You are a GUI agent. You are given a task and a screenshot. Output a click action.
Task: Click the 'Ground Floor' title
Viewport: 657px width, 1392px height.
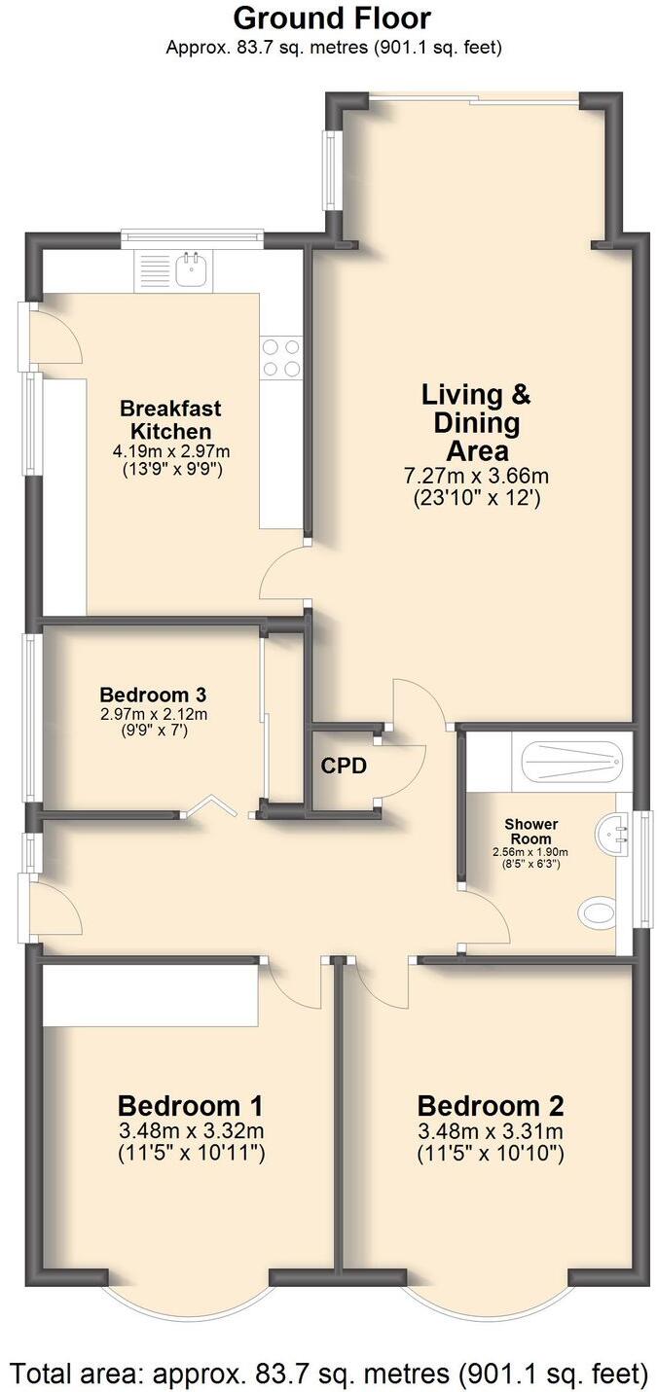(x=332, y=18)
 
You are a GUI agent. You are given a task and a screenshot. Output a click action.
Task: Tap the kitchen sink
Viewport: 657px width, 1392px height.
(x=191, y=269)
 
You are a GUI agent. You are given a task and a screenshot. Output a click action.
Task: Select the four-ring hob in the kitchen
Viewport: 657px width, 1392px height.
(x=281, y=356)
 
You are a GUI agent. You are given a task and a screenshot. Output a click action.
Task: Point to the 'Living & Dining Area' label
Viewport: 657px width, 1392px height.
(x=476, y=423)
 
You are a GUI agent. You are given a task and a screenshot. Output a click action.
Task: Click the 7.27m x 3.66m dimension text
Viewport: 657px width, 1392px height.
(x=476, y=476)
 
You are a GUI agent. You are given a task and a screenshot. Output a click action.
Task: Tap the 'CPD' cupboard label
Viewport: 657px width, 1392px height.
(x=344, y=766)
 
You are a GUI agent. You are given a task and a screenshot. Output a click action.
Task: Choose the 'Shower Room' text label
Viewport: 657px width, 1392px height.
(x=530, y=832)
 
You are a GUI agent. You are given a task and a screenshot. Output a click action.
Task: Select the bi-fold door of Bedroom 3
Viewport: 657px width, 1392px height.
(x=213, y=805)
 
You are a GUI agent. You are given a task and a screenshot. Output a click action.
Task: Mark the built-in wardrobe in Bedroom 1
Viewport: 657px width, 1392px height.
(x=151, y=994)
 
